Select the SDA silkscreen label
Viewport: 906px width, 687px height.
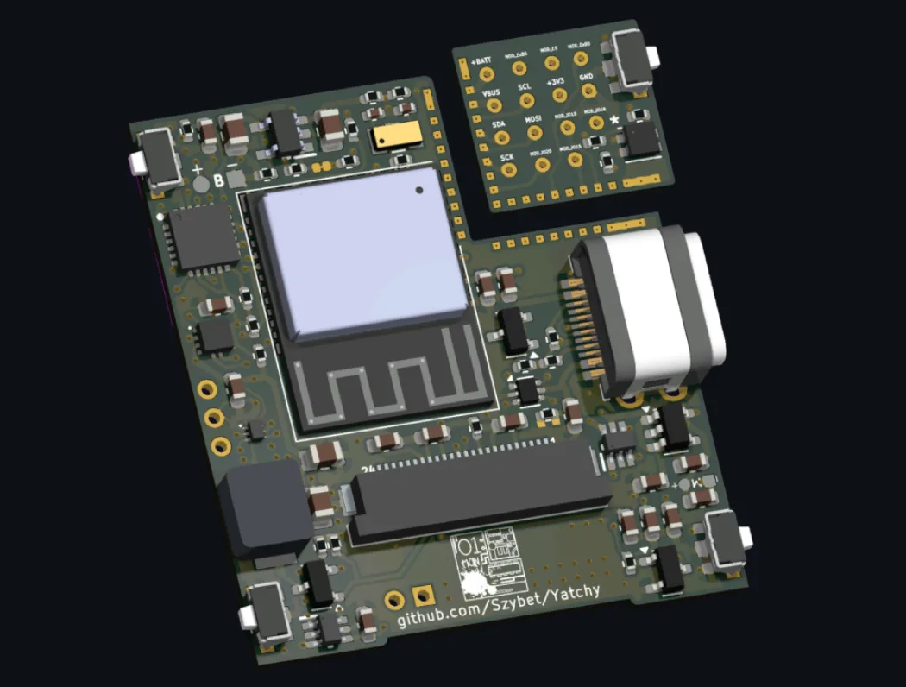click(x=500, y=125)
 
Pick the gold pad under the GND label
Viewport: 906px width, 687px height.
click(x=588, y=91)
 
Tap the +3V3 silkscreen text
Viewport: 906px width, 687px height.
click(x=557, y=81)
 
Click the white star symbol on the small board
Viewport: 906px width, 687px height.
click(x=614, y=120)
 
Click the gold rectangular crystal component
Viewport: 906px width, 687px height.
click(x=397, y=134)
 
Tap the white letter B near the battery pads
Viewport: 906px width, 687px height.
click(x=218, y=180)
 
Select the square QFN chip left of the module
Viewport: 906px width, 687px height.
click(x=204, y=237)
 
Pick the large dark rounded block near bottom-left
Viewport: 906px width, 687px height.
click(x=266, y=508)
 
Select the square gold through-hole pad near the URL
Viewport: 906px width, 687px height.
click(x=423, y=596)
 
